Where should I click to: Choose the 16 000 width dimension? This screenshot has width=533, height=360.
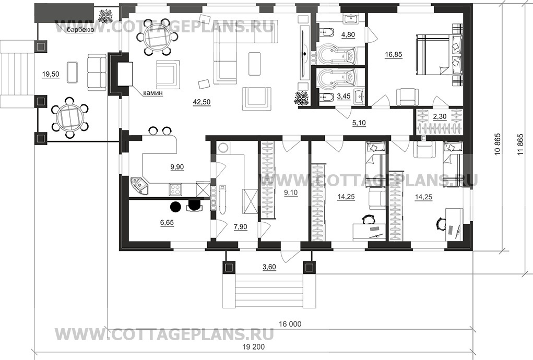point(290,324)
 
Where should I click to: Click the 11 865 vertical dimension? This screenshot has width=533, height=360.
point(520,144)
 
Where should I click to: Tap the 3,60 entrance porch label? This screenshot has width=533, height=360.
point(269,267)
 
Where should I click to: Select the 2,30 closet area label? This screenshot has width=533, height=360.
point(440,116)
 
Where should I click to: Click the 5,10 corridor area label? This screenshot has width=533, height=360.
point(359,123)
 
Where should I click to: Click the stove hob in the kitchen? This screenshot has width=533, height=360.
point(175,189)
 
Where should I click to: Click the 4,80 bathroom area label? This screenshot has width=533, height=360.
point(348,34)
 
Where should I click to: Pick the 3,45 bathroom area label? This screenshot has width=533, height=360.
point(344,97)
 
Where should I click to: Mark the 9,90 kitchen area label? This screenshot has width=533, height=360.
point(177,167)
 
